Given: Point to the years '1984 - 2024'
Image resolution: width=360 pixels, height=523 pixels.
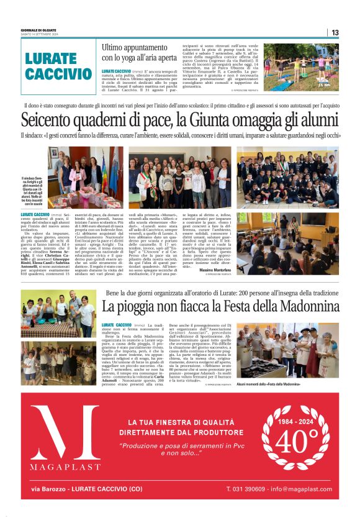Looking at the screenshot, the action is [x=296, y=420].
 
